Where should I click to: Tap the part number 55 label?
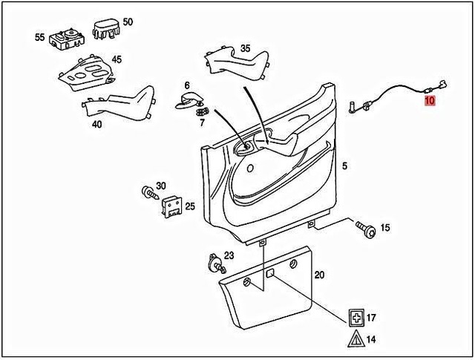tap(40, 36)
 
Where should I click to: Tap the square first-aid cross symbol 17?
tap(357, 318)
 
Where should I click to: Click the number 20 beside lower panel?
tap(319, 275)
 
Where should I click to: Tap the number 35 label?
tap(246, 48)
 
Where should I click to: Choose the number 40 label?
tap(97, 125)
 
